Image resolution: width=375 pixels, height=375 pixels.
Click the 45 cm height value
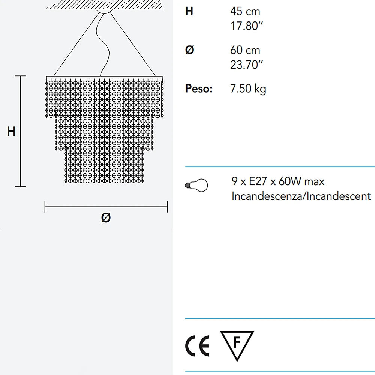(x=245, y=12)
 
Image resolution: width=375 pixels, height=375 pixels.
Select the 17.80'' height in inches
(x=247, y=26)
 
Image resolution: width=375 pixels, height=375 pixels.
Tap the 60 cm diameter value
(x=245, y=50)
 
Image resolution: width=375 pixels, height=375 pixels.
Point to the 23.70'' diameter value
(x=247, y=64)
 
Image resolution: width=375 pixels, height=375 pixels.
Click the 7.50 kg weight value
(x=248, y=89)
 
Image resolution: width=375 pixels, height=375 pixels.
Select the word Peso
(x=199, y=89)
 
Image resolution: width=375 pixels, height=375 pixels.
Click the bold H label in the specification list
(x=189, y=11)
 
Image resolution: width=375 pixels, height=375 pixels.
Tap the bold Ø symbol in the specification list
(x=190, y=50)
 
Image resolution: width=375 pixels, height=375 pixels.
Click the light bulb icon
(x=196, y=185)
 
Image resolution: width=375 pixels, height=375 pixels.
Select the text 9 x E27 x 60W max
(x=278, y=181)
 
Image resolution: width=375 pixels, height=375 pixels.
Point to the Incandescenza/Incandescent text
(x=301, y=196)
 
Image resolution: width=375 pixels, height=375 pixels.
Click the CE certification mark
(x=197, y=346)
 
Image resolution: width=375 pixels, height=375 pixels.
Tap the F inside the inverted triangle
(x=237, y=342)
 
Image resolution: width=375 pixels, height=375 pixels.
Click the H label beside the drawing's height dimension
(x=11, y=131)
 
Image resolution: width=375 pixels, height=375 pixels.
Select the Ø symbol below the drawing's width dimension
(x=106, y=217)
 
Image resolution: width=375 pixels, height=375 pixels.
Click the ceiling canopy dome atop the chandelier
(x=104, y=11)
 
